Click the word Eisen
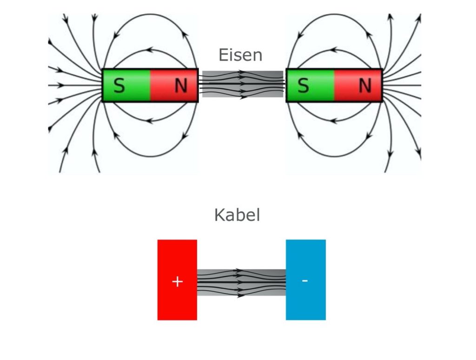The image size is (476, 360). coord(240,55)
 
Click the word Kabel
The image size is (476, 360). coord(237,215)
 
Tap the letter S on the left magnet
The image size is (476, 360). coord(119,86)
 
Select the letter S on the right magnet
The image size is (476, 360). coord(303,86)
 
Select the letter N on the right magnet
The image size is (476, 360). coord(365,86)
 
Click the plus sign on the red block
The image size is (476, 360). coord(177,281)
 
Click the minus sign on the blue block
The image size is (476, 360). coord(304,280)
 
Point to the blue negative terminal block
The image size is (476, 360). coord(305,305)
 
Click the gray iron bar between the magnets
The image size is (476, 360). coord(242,84)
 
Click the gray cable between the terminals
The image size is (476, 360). coord(241,282)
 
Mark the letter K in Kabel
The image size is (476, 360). coord(219,215)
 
